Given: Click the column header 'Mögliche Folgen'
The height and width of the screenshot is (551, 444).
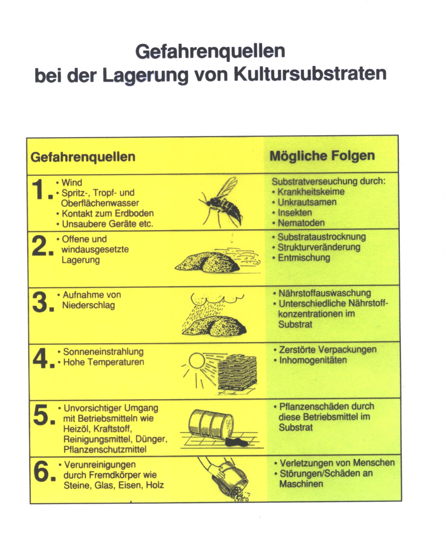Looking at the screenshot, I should (322, 156).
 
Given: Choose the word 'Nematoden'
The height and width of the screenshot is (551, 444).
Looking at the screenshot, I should (301, 223).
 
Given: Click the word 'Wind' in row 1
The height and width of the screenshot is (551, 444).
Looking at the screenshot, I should (72, 182).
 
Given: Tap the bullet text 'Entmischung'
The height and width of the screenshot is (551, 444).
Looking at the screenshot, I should (304, 258).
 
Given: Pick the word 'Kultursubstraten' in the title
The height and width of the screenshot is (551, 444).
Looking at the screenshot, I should (310, 74).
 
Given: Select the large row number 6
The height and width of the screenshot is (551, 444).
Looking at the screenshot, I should (41, 472).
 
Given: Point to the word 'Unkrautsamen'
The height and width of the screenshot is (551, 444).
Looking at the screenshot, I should (307, 202).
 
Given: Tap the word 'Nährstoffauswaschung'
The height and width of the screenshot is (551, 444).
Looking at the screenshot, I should (325, 293).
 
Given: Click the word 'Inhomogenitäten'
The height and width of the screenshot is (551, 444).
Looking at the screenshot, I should (313, 360).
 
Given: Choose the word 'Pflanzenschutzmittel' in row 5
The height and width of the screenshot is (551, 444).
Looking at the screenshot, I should (105, 449).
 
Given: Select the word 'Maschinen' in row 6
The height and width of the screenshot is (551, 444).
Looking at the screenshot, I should (301, 484).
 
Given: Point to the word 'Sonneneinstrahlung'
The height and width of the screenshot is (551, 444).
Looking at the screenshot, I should (103, 351).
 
